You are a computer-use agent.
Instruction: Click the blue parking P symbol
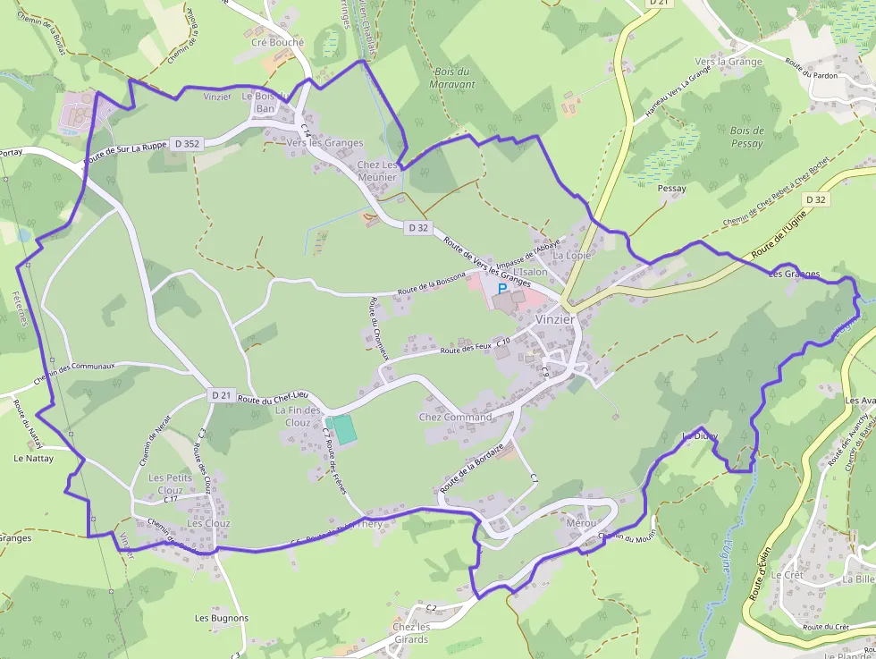pyautogui.click(x=502, y=290)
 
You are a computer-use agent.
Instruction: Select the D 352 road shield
pyautogui.click(x=187, y=142)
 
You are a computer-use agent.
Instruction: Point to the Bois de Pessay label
pyautogui.click(x=746, y=137)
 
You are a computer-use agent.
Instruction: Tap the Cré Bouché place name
pyautogui.click(x=277, y=42)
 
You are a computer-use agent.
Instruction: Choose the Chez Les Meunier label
pyautogui.click(x=376, y=171)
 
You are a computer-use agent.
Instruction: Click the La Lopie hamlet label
pyautogui.click(x=571, y=256)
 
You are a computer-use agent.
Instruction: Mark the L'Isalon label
pyautogui.click(x=530, y=272)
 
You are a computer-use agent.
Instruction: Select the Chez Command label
pyautogui.click(x=455, y=418)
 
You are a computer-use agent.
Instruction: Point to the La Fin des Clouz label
pyautogui.click(x=298, y=417)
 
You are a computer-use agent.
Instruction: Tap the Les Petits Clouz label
pyautogui.click(x=165, y=484)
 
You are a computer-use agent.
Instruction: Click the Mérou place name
pyautogui.click(x=580, y=522)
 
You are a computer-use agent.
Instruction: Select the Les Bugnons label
pyautogui.click(x=222, y=618)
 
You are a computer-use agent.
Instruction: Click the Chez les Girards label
pyautogui.click(x=411, y=633)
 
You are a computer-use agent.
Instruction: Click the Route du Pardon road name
pyautogui.click(x=811, y=69)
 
